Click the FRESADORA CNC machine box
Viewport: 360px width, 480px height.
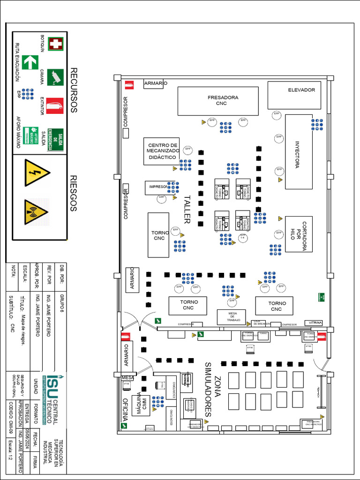[x=218, y=101]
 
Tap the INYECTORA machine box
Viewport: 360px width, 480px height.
[x=299, y=152]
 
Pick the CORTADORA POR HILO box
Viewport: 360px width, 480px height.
[x=299, y=234]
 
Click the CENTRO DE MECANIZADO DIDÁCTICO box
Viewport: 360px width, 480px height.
[x=162, y=151]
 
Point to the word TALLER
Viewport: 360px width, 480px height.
[x=187, y=209]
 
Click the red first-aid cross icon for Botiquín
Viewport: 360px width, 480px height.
[x=55, y=44]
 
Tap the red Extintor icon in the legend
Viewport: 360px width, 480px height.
[x=55, y=106]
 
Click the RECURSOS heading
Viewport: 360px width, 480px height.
[x=73, y=90]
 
